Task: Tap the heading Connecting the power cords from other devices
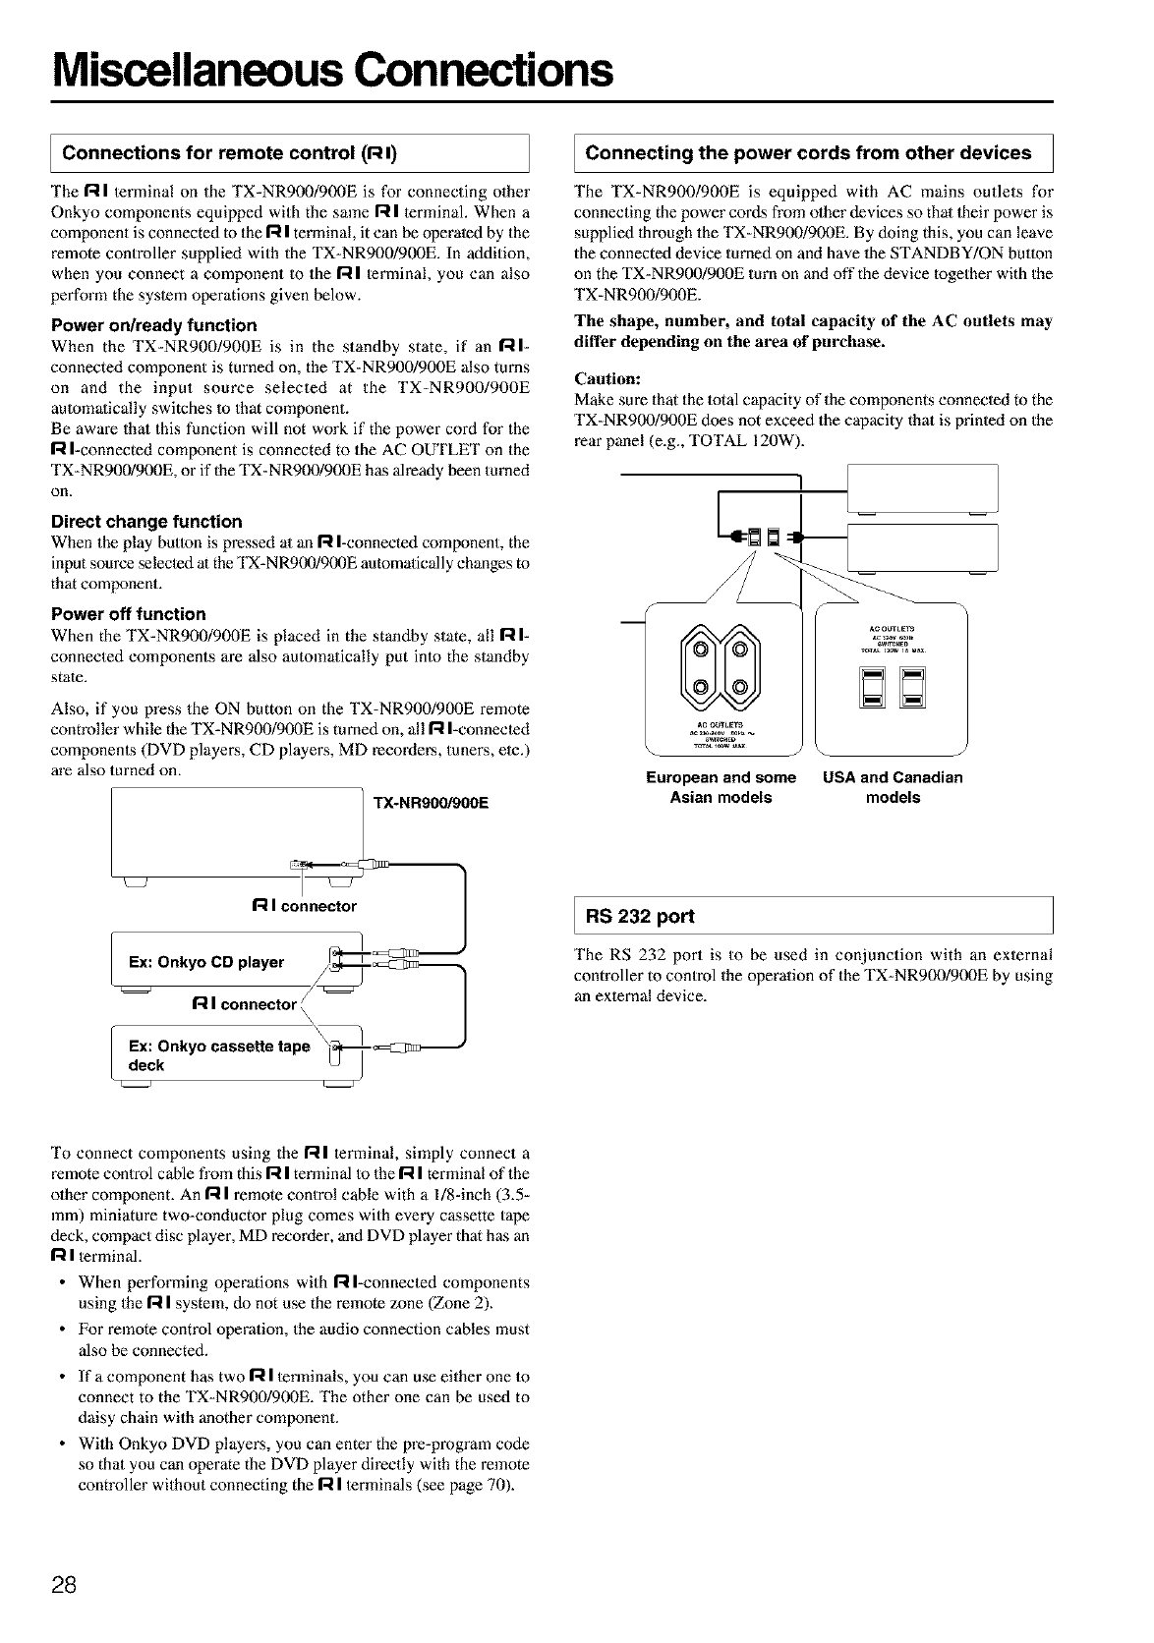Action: click(x=808, y=153)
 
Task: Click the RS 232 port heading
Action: click(x=640, y=916)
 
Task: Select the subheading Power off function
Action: click(x=128, y=614)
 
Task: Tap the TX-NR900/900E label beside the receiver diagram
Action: click(x=431, y=803)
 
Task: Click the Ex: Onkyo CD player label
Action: click(x=206, y=962)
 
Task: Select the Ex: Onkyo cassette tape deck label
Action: click(x=218, y=1054)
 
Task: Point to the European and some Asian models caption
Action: click(x=721, y=787)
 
